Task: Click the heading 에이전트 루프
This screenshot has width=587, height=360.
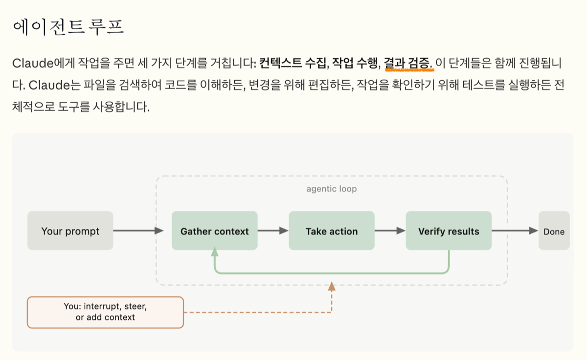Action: [68, 27]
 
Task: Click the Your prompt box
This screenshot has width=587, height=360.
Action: [70, 231]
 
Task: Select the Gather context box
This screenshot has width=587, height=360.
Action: [214, 231]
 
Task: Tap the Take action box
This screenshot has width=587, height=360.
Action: [332, 231]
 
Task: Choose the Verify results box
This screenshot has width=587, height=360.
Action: [449, 231]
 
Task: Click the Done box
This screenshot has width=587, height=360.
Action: [554, 231]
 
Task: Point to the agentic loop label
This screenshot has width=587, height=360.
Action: [331, 189]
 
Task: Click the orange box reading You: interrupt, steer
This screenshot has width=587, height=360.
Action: [105, 312]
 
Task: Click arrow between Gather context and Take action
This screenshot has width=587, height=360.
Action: [273, 231]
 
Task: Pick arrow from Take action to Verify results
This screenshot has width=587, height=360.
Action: [390, 231]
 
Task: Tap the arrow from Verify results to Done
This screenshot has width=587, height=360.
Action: [515, 231]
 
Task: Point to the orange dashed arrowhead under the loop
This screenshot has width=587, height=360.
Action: [332, 287]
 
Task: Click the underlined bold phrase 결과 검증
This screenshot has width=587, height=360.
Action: [407, 64]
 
